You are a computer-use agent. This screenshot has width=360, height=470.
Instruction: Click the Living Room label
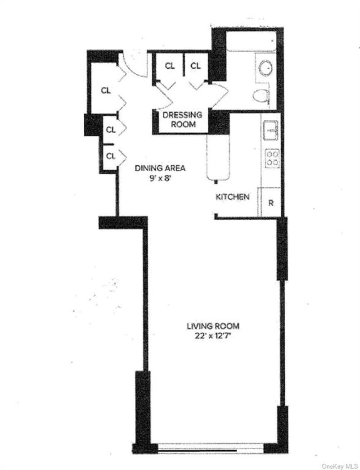pos(213,326)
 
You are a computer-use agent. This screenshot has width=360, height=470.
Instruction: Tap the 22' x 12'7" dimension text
pos(213,336)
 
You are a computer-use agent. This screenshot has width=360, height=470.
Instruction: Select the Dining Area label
pos(160,168)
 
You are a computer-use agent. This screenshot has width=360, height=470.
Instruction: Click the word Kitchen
pos(232,197)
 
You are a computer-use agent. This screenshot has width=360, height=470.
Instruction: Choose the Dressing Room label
pos(182,119)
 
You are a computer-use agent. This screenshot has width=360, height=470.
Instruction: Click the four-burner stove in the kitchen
pos(273,158)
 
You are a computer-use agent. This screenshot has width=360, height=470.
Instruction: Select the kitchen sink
pos(271,131)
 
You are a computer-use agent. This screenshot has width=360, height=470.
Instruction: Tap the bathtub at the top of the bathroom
pos(251,41)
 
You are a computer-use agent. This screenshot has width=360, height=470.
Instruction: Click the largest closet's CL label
pos(105,90)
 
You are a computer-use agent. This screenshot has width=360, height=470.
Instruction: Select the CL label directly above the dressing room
pos(170,66)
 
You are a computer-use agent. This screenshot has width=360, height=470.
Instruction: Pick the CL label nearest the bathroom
pos(195,65)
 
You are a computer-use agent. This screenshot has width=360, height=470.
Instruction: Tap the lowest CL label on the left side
pos(111,156)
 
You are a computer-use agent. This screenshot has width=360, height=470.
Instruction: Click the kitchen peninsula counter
pos(218,158)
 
